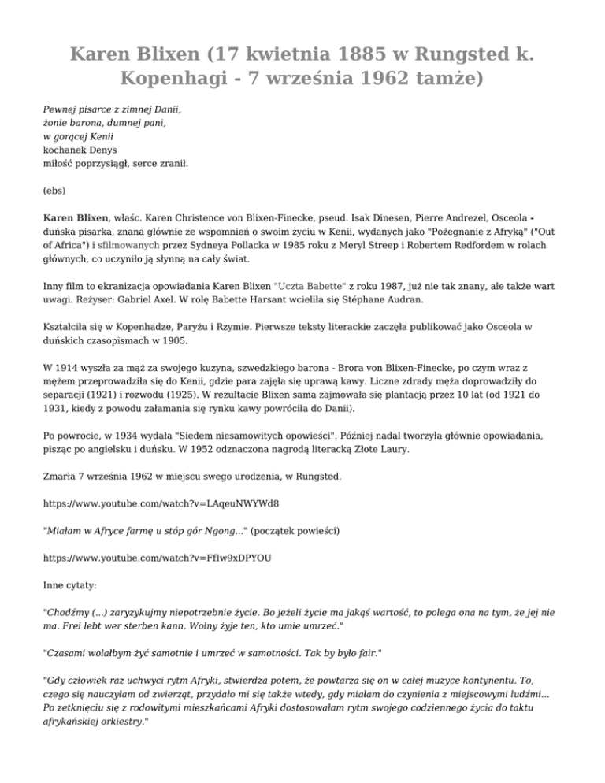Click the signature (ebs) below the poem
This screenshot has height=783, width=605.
(x=55, y=190)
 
